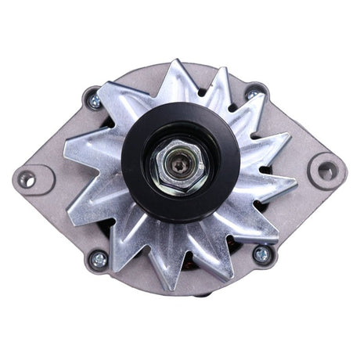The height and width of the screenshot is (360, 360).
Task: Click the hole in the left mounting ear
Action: tap(27, 179)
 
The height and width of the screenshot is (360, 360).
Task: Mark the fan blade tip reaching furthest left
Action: tap(65, 147)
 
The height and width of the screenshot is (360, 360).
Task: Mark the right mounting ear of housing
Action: tap(322, 170)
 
